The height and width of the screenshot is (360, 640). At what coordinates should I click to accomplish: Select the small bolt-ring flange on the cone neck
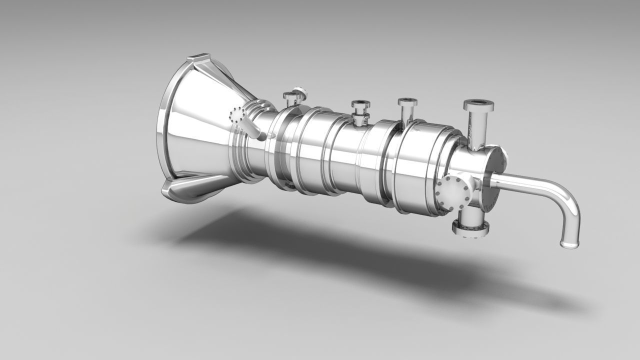pyautogui.click(x=236, y=116)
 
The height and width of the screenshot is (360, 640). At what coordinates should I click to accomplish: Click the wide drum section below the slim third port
pyautogui.click(x=422, y=165)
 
